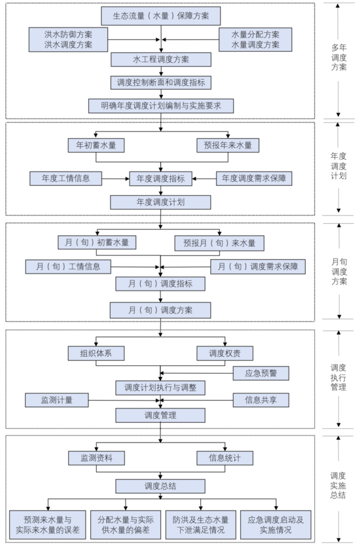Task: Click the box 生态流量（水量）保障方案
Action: (x=161, y=16)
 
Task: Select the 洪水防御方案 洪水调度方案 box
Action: (x=68, y=40)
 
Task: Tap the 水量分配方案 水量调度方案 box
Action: (x=255, y=40)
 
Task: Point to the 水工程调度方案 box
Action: (x=161, y=60)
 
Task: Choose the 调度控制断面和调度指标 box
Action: (x=161, y=82)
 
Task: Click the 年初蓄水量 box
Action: (x=96, y=145)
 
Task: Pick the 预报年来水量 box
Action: (x=228, y=145)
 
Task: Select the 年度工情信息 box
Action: (x=66, y=179)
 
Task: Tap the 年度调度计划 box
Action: (x=160, y=202)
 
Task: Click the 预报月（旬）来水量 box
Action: (x=219, y=243)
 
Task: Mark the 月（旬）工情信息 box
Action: (x=68, y=266)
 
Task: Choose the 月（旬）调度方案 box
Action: (x=160, y=310)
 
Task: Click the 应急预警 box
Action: (x=261, y=373)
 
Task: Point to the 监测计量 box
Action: (x=57, y=400)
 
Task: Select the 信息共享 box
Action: (x=261, y=400)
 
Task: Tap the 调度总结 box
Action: (x=160, y=486)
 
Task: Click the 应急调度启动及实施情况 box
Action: (x=276, y=525)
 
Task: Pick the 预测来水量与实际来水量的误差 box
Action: (x=48, y=525)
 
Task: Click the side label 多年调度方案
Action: (x=339, y=58)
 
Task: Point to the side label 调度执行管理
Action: (x=338, y=378)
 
